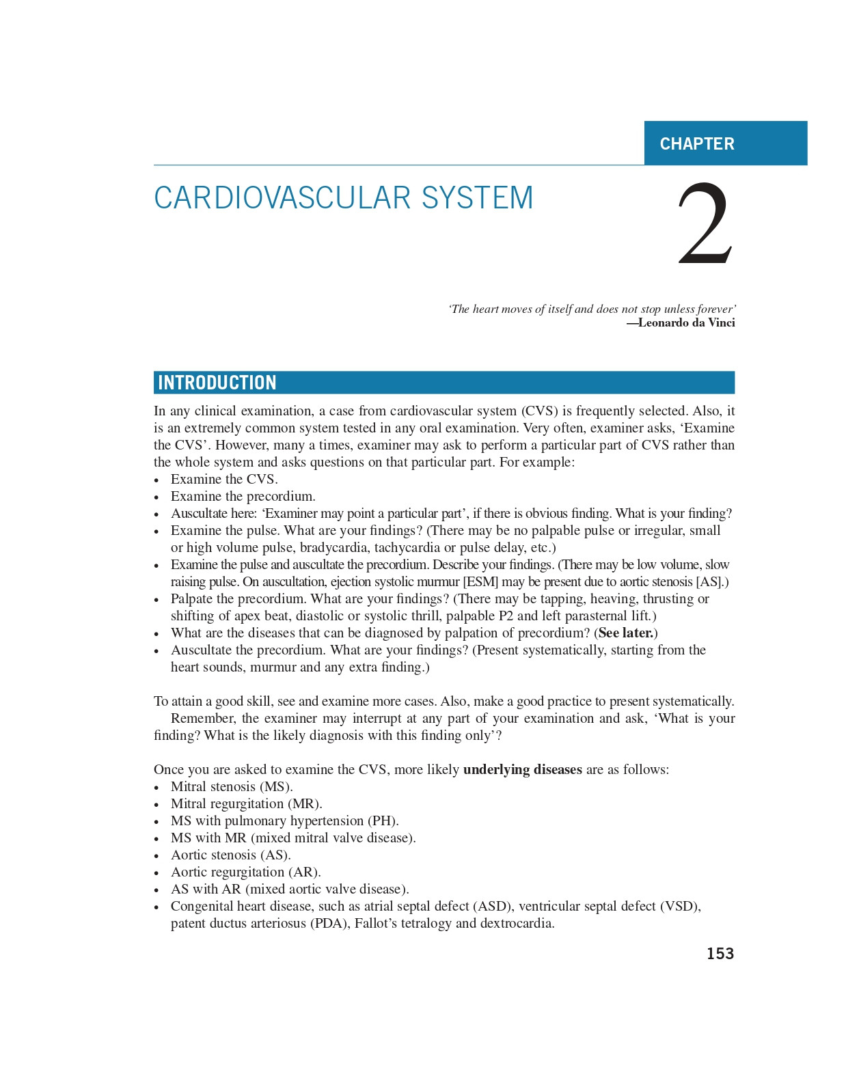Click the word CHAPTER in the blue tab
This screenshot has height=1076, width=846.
(x=697, y=144)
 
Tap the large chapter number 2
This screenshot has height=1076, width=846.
(x=705, y=225)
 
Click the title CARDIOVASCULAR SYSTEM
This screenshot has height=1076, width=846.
(x=343, y=198)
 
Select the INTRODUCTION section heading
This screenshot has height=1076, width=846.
(x=217, y=383)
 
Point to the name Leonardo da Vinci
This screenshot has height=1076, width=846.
(x=686, y=322)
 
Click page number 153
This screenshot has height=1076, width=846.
(x=720, y=954)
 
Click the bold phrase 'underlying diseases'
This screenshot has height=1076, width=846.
(x=523, y=770)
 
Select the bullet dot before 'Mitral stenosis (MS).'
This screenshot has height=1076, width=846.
(x=156, y=788)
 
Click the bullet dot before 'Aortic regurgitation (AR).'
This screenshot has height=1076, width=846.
(x=156, y=873)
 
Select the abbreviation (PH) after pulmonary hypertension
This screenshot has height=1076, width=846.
(x=383, y=821)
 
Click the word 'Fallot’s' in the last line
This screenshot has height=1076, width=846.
(x=379, y=924)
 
